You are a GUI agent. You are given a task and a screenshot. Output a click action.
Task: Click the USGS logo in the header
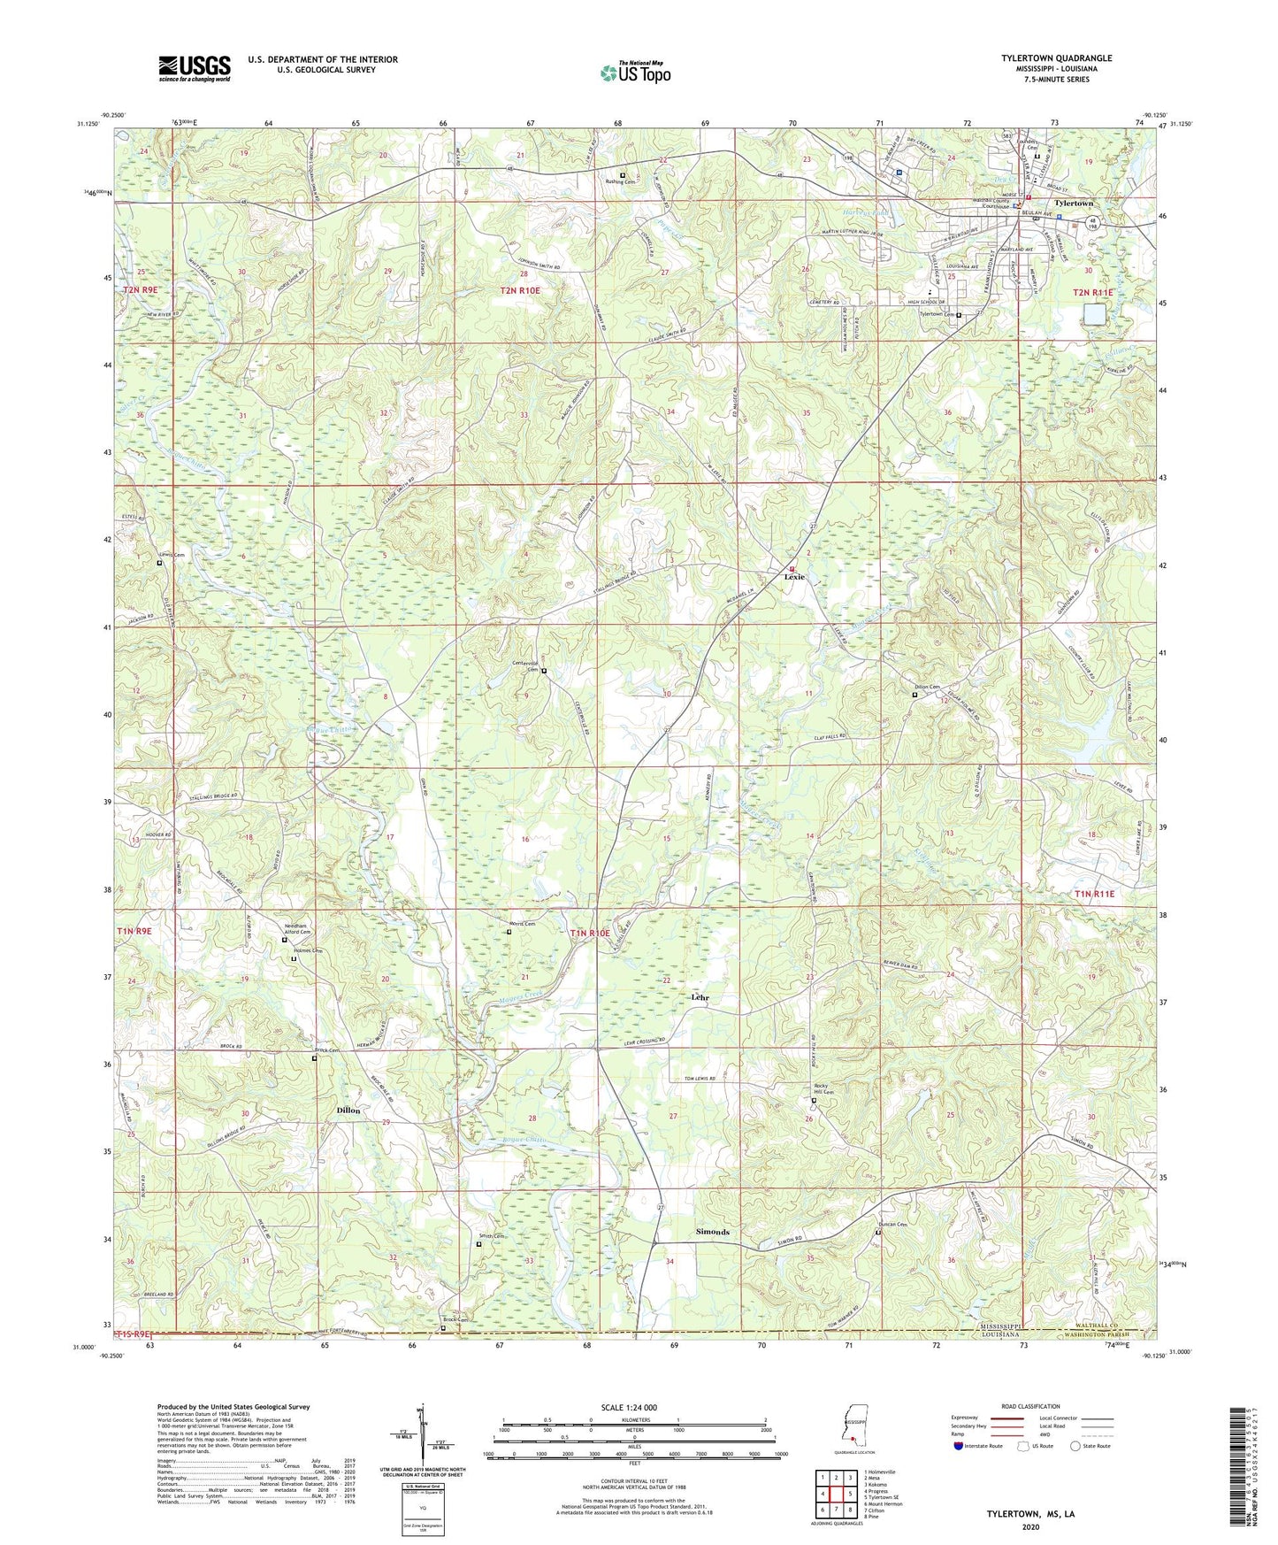pyautogui.click(x=194, y=68)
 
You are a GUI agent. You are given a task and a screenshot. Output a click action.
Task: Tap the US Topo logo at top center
pyautogui.click(x=634, y=73)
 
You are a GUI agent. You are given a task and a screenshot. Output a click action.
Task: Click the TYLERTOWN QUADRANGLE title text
pyautogui.click(x=1056, y=58)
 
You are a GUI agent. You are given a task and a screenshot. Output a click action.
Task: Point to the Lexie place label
pyautogui.click(x=793, y=577)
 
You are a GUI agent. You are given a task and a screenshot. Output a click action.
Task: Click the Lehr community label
pyautogui.click(x=700, y=997)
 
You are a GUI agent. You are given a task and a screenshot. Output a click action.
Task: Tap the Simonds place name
pyautogui.click(x=712, y=1232)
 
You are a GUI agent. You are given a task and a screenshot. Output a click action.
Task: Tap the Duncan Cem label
pyautogui.click(x=893, y=1226)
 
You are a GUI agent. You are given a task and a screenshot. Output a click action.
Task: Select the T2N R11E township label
pyautogui.click(x=1094, y=292)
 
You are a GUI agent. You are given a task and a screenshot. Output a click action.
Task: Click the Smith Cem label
pyautogui.click(x=492, y=1237)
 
